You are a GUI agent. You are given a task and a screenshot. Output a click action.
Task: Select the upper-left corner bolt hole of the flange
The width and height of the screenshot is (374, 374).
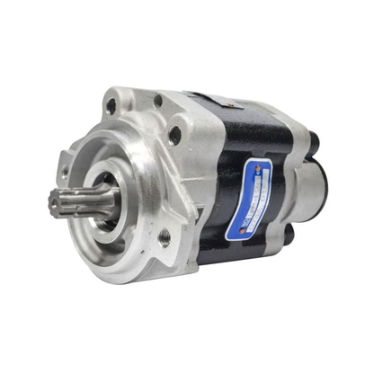click(x=111, y=105)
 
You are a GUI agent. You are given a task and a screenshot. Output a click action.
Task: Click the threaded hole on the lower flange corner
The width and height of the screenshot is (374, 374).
click(x=165, y=237)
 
